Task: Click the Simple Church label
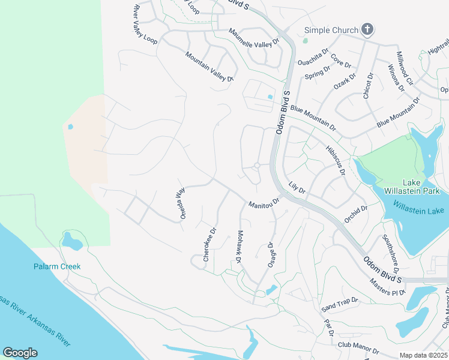point(330,30)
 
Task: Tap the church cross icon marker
point(367,29)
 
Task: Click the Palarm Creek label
point(56,266)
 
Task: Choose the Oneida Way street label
point(179,203)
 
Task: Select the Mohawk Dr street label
point(239,247)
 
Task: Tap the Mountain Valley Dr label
point(209,66)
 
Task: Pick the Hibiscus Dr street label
point(334,160)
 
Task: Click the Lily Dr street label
point(297,187)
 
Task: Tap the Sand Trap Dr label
point(339,305)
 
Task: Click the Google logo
point(20,353)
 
